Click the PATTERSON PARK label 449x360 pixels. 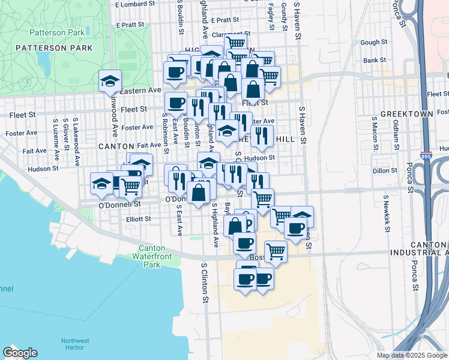coord(54,47)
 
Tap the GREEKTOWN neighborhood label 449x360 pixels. coord(403,113)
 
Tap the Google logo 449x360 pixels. coord(20,353)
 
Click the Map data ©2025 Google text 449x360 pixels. coord(412,355)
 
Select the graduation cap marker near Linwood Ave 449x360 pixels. coord(110,81)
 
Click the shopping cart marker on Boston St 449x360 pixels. coord(276,251)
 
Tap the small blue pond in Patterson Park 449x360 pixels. coord(43,59)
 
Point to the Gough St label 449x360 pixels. coord(374,43)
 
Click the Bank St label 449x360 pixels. coord(374,61)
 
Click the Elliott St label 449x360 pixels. coord(138,219)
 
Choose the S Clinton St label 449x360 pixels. coord(204,282)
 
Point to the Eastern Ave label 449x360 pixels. coord(141,90)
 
